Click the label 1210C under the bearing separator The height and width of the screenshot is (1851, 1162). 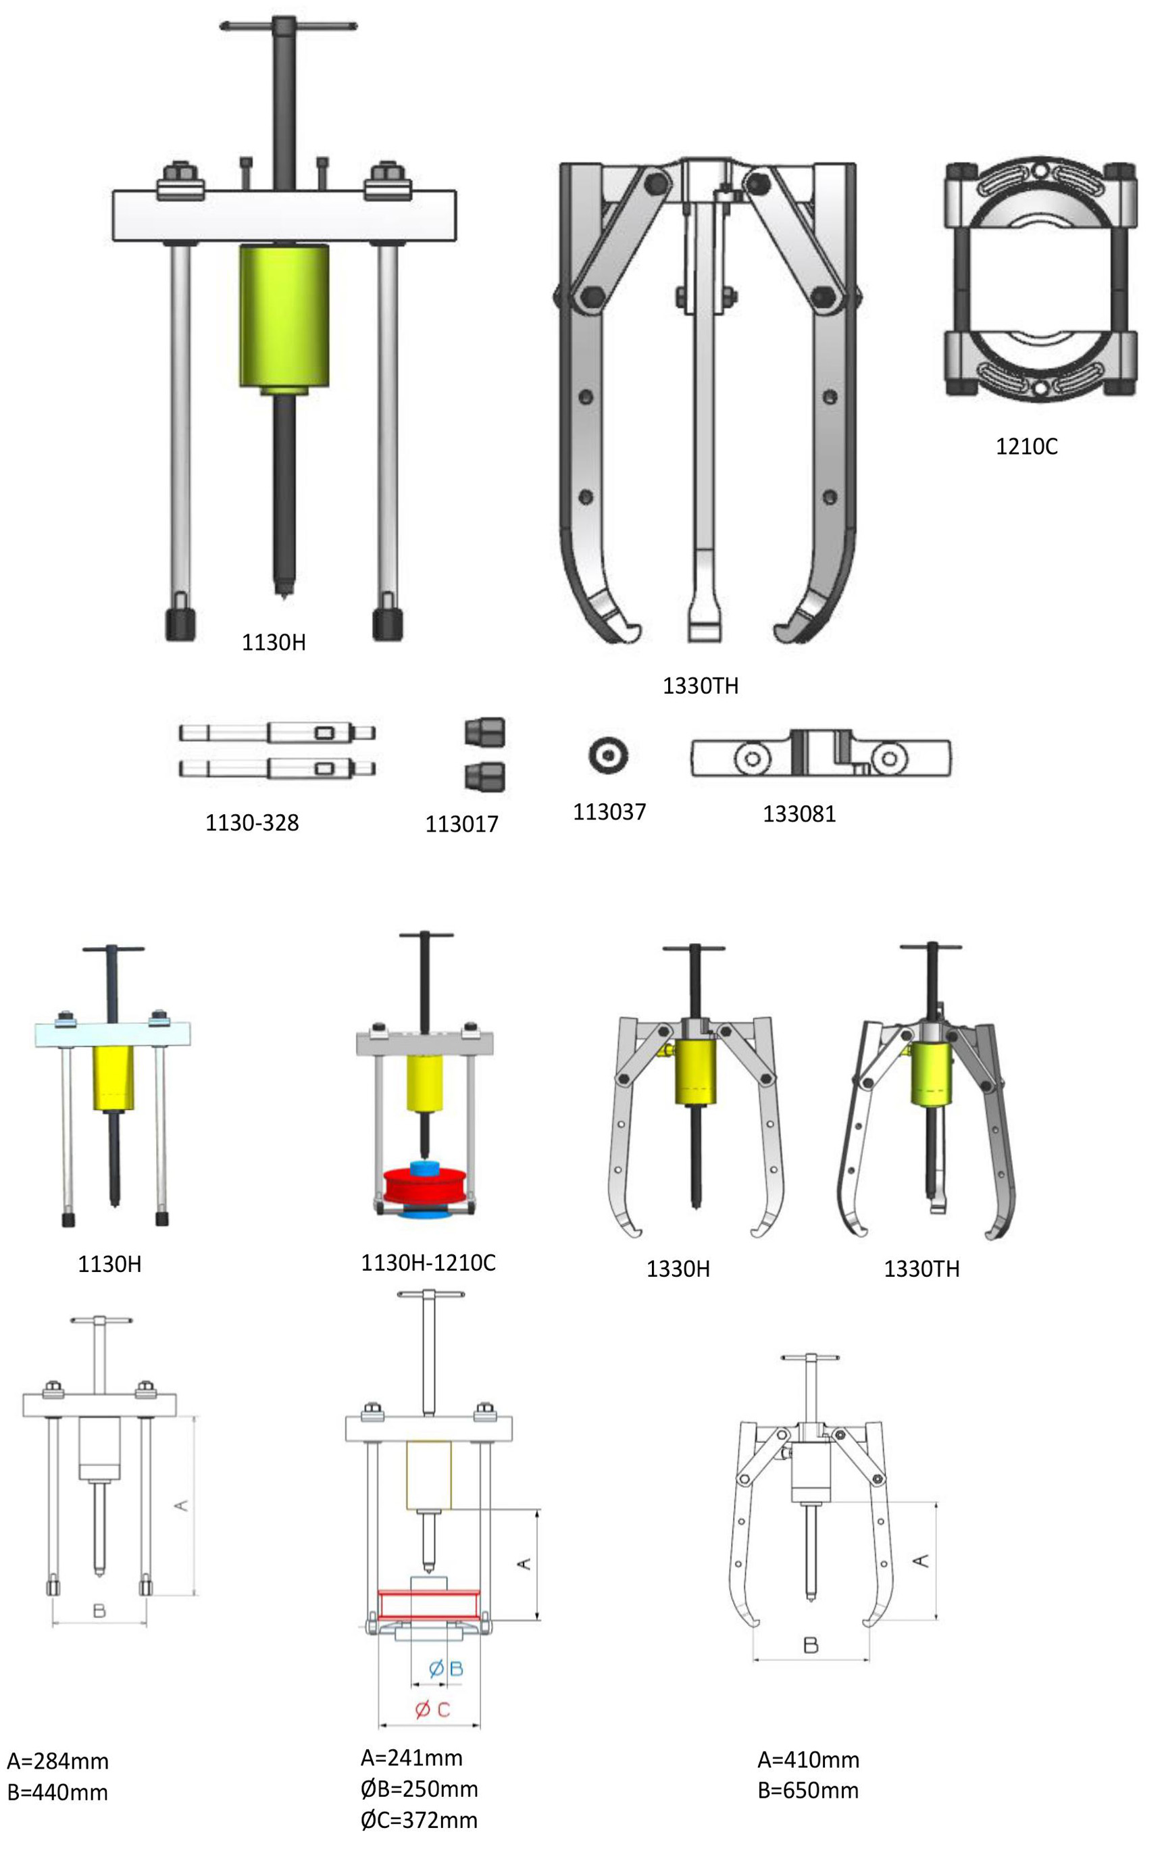(1026, 447)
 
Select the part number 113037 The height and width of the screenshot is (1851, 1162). (609, 811)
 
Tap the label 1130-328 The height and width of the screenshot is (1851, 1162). (252, 823)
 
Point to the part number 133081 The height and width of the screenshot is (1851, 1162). (799, 814)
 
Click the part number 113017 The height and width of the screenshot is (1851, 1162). (462, 824)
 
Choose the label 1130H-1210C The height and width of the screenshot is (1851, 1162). (428, 1263)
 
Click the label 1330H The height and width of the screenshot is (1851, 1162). (678, 1269)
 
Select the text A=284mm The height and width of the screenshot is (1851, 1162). (57, 1761)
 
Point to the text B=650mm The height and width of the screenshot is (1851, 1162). (808, 1790)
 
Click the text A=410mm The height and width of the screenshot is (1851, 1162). (808, 1760)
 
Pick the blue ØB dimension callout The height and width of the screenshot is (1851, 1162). (446, 1668)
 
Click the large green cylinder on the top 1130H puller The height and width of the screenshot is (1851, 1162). (284, 317)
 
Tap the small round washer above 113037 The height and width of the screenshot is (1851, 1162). (609, 755)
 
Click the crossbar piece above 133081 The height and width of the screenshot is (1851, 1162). (821, 754)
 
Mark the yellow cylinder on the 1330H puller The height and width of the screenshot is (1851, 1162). (695, 1072)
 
